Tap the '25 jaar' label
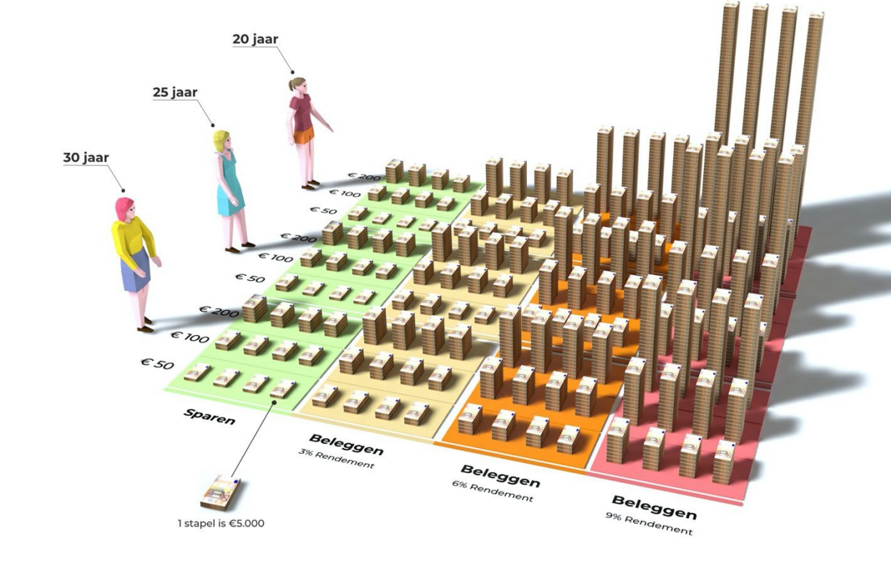pyautogui.click(x=175, y=91)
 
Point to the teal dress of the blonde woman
pyautogui.click(x=230, y=186)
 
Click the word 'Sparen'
pyautogui.click(x=210, y=417)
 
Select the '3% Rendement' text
pyautogui.click(x=336, y=458)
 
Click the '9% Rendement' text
pyautogui.click(x=648, y=524)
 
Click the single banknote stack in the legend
pyautogui.click(x=220, y=491)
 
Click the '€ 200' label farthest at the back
pyautogui.click(x=362, y=175)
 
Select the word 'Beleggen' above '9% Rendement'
pyautogui.click(x=654, y=507)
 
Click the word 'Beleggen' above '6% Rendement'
pyautogui.click(x=500, y=475)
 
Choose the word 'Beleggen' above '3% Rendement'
pyautogui.click(x=346, y=444)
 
